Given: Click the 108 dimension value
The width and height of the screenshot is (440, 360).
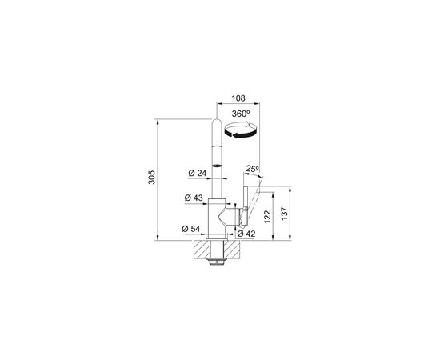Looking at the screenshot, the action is pos(238,98).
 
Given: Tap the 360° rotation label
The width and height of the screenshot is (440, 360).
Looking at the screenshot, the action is pos(241,114).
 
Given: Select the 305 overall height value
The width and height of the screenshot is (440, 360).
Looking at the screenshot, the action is pos(151,177).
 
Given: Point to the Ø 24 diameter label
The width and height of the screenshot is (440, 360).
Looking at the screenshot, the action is pos(198,173).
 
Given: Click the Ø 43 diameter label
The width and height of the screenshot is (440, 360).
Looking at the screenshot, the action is pos(194,198).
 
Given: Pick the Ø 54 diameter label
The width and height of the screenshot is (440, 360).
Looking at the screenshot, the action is pos(191,229).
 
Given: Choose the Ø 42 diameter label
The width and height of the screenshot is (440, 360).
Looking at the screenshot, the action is pos(246,234).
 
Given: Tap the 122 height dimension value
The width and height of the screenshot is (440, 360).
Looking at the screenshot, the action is pos(267,217).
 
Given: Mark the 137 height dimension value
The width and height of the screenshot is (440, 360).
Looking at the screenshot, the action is pos(284,214).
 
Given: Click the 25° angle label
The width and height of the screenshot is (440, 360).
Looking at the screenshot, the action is pos(253,169).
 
